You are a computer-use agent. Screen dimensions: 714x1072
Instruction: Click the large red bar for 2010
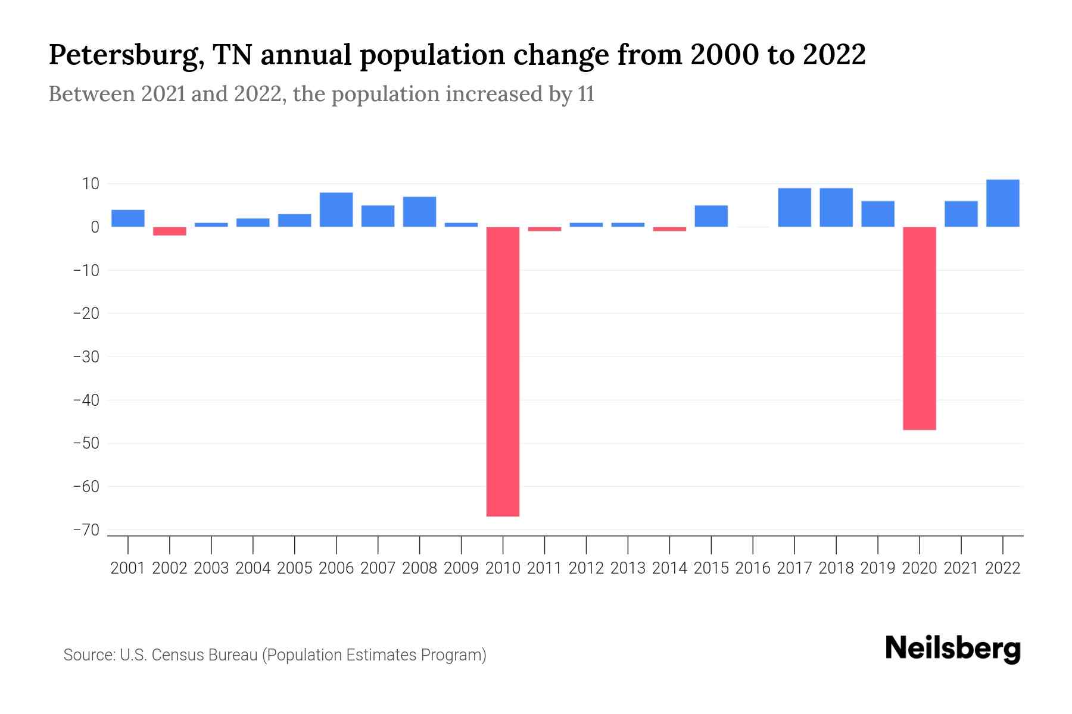coord(503,371)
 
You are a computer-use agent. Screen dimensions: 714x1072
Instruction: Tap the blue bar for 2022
coord(1002,203)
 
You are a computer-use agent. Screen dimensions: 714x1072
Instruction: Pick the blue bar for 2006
coord(336,209)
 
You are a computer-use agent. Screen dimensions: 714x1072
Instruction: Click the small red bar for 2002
coord(170,231)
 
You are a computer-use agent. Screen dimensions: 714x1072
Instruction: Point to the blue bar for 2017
coord(794,208)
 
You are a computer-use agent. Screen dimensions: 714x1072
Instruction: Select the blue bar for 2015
coord(711,216)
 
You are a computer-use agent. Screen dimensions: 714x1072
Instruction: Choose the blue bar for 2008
coord(419,212)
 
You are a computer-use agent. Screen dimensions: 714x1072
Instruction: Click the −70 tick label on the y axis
coord(86,530)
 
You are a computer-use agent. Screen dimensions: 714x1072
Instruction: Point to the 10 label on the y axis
coord(91,184)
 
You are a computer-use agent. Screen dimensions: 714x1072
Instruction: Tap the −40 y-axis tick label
coord(86,400)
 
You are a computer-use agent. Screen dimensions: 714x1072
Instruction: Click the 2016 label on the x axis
coord(753,568)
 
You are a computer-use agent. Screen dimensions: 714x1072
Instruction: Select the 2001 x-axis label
coord(128,568)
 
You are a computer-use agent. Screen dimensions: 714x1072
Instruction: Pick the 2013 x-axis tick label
coord(628,568)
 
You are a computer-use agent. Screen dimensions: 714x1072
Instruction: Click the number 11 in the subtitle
coord(585,95)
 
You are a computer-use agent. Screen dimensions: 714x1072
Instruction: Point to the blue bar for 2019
coord(877,214)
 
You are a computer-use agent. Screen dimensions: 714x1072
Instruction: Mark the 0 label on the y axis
coord(95,227)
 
